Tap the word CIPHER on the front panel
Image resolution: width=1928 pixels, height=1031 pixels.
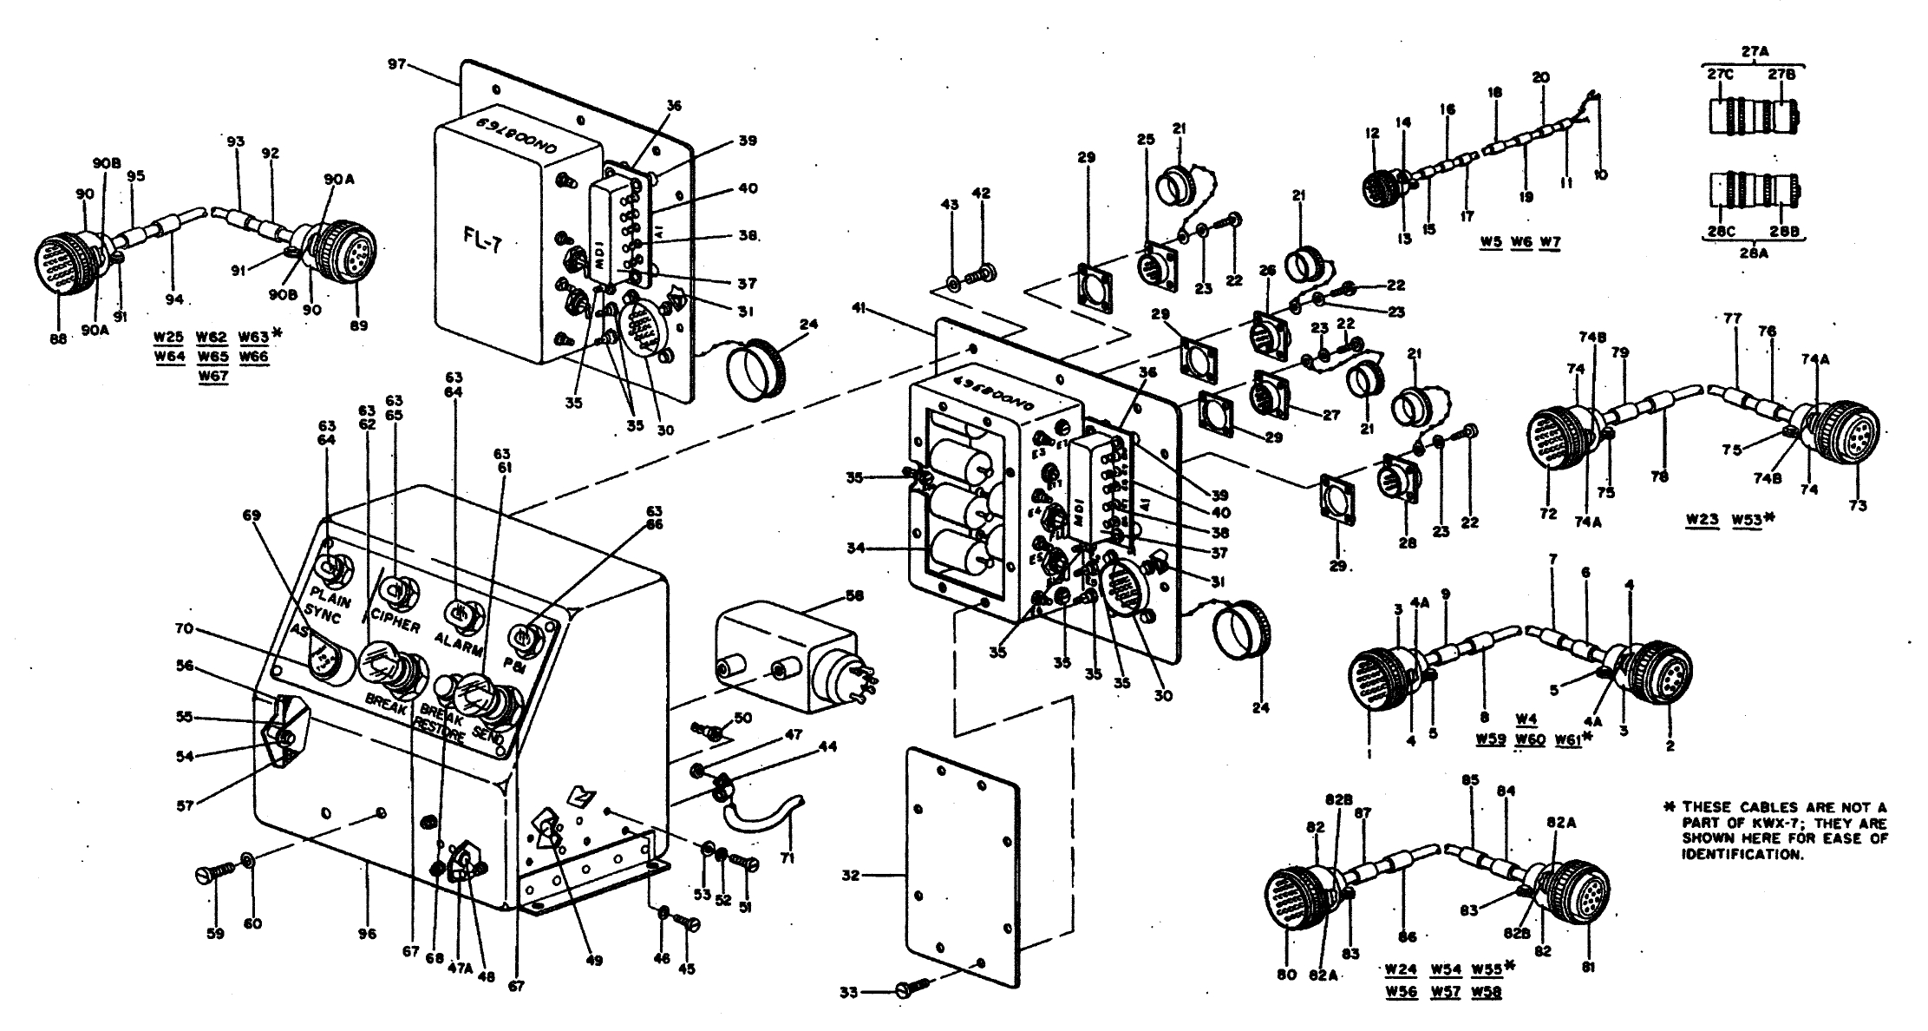coord(395,625)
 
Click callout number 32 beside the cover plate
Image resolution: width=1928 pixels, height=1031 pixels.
coord(851,876)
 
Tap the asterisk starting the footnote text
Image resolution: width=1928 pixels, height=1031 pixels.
coord(1667,806)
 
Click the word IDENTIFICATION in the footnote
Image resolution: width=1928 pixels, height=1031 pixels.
coord(1742,854)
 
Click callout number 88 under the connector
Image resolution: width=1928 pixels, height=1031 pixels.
coord(58,338)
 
